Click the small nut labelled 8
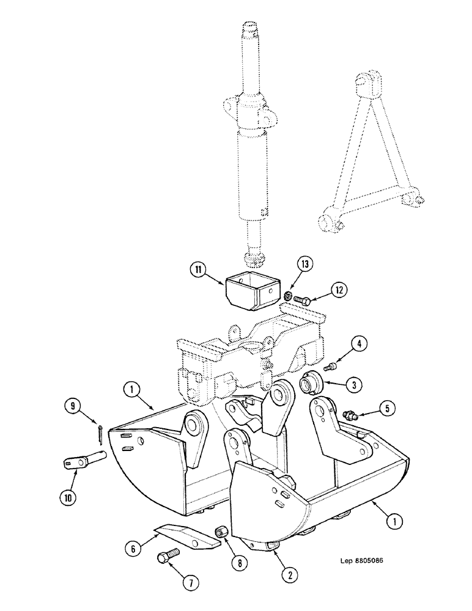[222, 533]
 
